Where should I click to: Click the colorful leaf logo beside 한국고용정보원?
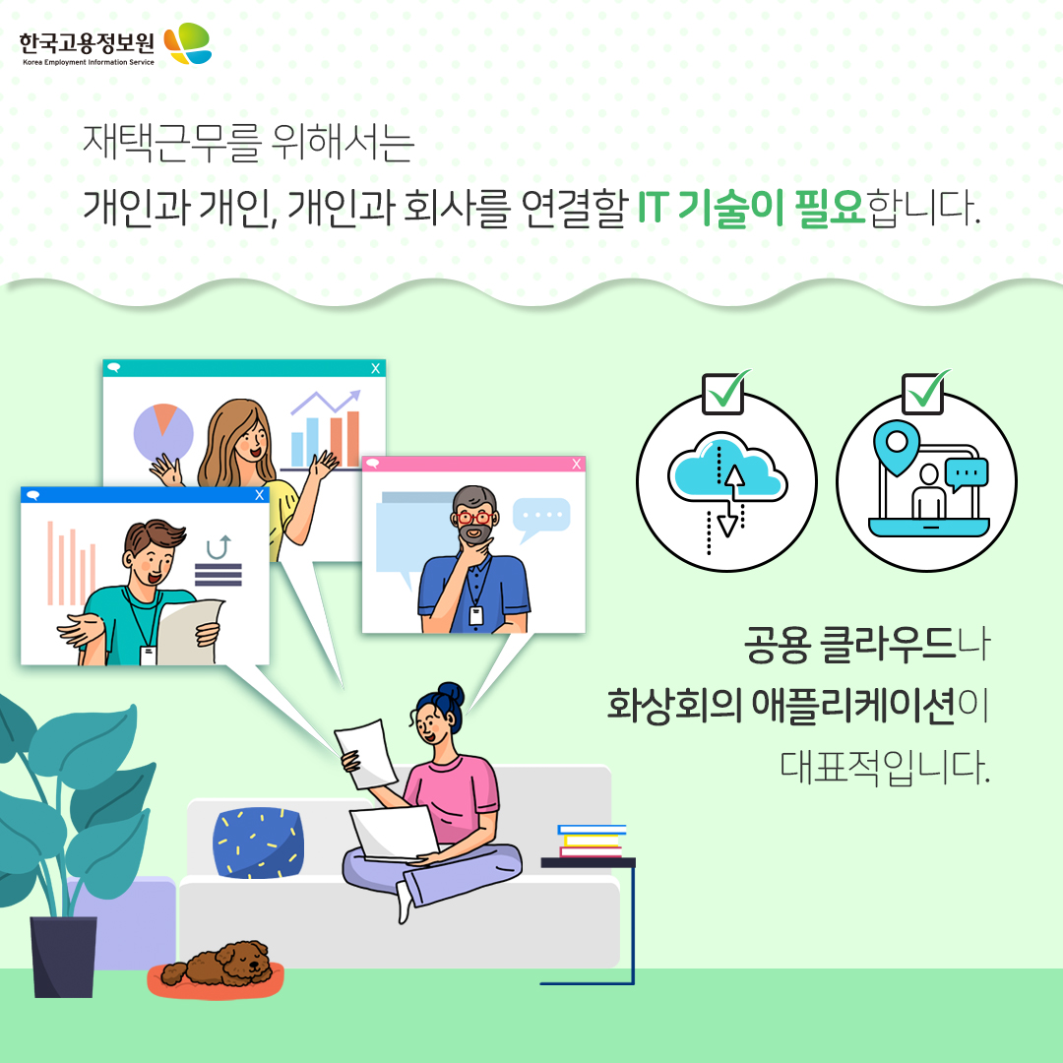click(188, 43)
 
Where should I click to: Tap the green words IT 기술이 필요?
click(750, 207)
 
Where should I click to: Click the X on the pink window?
click(576, 464)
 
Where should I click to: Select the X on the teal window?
click(376, 368)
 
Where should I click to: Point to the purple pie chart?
click(163, 432)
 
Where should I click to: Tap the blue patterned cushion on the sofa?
click(258, 843)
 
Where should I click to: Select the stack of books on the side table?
click(591, 841)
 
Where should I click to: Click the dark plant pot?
click(64, 957)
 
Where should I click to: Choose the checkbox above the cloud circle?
click(723, 393)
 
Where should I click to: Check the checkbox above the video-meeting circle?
click(923, 393)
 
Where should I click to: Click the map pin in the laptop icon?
click(897, 447)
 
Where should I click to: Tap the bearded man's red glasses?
click(474, 518)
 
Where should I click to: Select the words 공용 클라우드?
click(849, 644)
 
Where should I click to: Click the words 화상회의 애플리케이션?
click(781, 705)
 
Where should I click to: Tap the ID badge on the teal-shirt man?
click(148, 656)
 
